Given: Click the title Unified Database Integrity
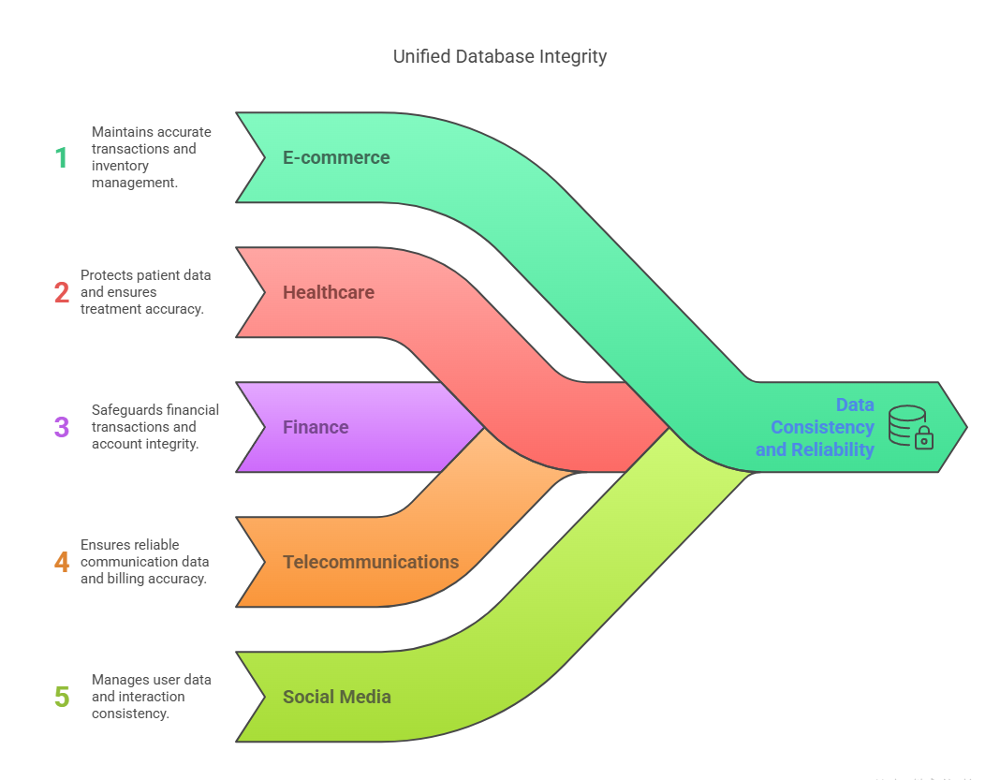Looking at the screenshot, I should [x=499, y=56].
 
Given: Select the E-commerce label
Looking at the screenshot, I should [x=336, y=157].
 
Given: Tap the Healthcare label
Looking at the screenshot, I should [x=328, y=292].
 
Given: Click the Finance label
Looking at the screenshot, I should [x=316, y=427].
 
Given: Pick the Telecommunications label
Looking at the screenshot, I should [x=371, y=562].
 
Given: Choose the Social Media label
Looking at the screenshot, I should [x=336, y=697].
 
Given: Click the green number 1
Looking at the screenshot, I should [x=61, y=157].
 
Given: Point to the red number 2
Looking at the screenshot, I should [x=61, y=292].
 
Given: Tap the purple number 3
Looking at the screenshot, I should [x=61, y=427].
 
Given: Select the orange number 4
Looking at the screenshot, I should [x=61, y=562].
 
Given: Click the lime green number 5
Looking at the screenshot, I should [x=61, y=697].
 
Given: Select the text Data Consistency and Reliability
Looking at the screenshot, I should [x=816, y=427].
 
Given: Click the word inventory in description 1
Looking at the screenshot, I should [x=120, y=166].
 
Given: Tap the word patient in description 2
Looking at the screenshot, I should [x=160, y=275].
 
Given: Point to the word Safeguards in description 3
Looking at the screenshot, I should [x=127, y=409].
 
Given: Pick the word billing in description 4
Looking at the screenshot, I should [x=130, y=579].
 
